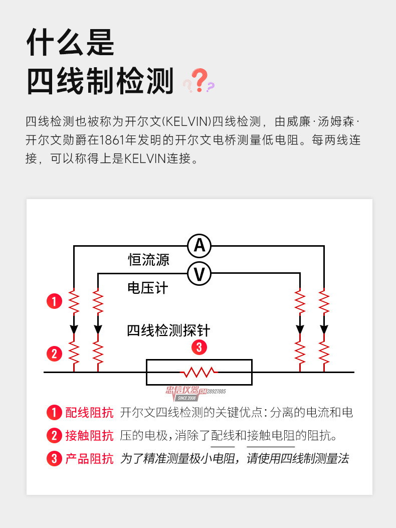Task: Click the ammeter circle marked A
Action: (x=200, y=246)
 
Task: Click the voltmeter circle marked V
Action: (x=200, y=274)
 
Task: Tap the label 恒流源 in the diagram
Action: (x=148, y=260)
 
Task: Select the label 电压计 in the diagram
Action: (x=147, y=288)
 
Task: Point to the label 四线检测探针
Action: (x=168, y=331)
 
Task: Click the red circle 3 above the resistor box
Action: (x=199, y=347)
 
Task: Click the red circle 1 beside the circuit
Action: (x=54, y=302)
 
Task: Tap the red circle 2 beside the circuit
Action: (x=54, y=354)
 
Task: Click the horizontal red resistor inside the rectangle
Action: (x=199, y=372)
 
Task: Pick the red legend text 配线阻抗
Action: (x=89, y=413)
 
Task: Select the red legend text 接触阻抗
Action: (x=89, y=435)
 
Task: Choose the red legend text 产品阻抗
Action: (x=89, y=458)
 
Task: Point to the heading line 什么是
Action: (x=70, y=42)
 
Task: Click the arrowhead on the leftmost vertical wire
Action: (x=74, y=329)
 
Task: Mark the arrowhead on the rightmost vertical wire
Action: (x=324, y=329)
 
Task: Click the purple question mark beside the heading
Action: (x=211, y=86)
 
